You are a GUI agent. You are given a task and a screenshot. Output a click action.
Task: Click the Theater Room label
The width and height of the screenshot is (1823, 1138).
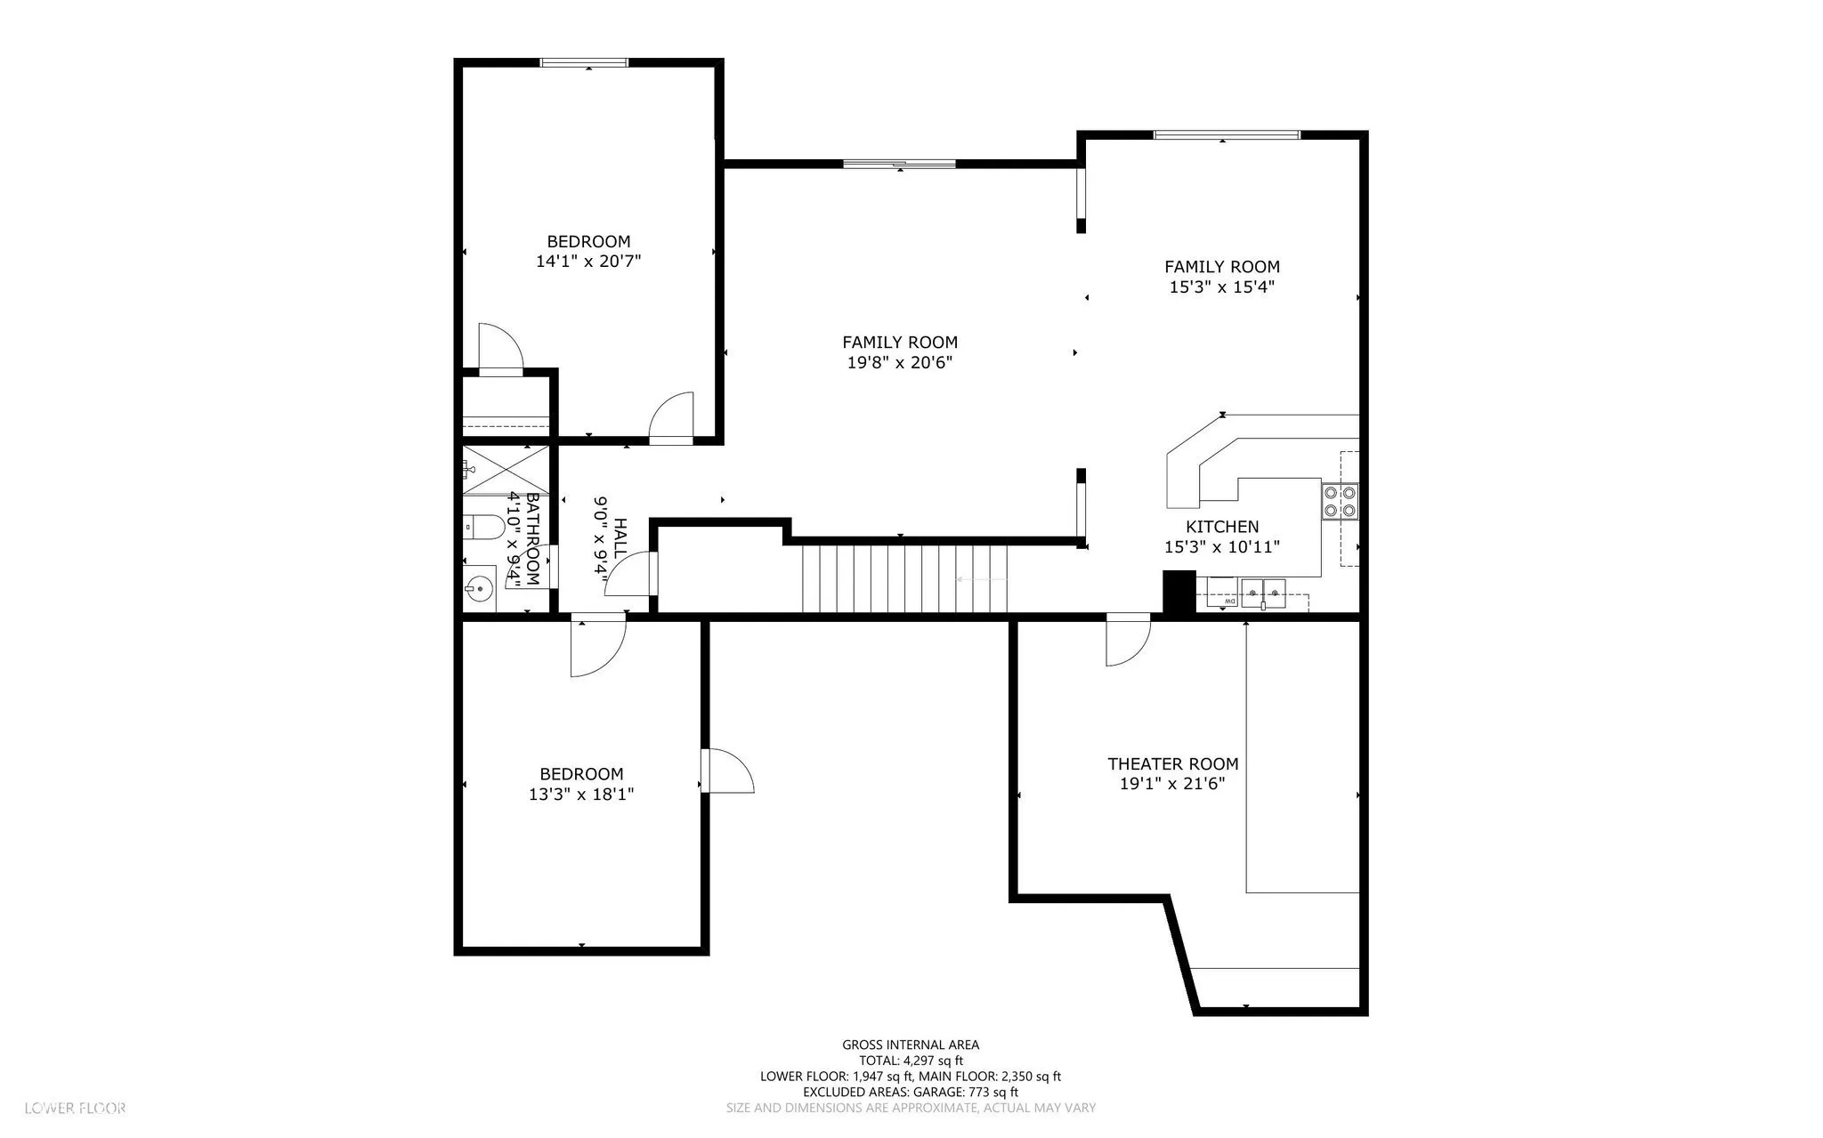coord(1172,763)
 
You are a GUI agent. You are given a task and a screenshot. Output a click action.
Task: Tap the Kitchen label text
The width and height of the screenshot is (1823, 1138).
coord(1222,527)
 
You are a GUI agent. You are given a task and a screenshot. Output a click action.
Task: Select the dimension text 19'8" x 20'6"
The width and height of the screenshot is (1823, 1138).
coord(900,362)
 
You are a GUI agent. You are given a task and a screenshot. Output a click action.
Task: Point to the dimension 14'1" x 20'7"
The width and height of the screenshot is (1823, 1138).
coord(588,262)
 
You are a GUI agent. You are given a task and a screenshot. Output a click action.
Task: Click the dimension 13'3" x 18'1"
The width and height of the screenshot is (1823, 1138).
coord(581,794)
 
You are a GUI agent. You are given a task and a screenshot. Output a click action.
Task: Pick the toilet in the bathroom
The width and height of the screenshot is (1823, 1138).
coord(482,528)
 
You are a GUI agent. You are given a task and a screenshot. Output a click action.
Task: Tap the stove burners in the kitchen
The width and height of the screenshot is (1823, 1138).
coord(1340,501)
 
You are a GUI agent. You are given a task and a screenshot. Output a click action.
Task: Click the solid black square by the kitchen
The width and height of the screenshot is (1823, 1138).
coord(1179,592)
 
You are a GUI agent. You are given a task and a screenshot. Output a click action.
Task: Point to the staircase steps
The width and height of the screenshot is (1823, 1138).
coord(905,578)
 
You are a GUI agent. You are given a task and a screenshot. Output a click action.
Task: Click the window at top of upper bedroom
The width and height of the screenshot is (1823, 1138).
coord(585,62)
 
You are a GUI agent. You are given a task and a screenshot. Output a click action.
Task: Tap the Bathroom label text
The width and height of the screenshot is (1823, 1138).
coord(532,538)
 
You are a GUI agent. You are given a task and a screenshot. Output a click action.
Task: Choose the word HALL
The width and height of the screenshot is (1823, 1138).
coord(620,538)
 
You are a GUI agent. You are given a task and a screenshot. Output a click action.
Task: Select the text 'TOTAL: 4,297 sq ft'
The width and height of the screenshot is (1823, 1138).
coord(911,1061)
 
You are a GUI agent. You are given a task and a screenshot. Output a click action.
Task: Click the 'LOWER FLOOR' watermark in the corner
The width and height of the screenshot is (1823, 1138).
coord(76,1108)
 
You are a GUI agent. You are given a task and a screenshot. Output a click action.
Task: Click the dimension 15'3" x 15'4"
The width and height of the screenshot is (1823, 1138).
coord(1222,287)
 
